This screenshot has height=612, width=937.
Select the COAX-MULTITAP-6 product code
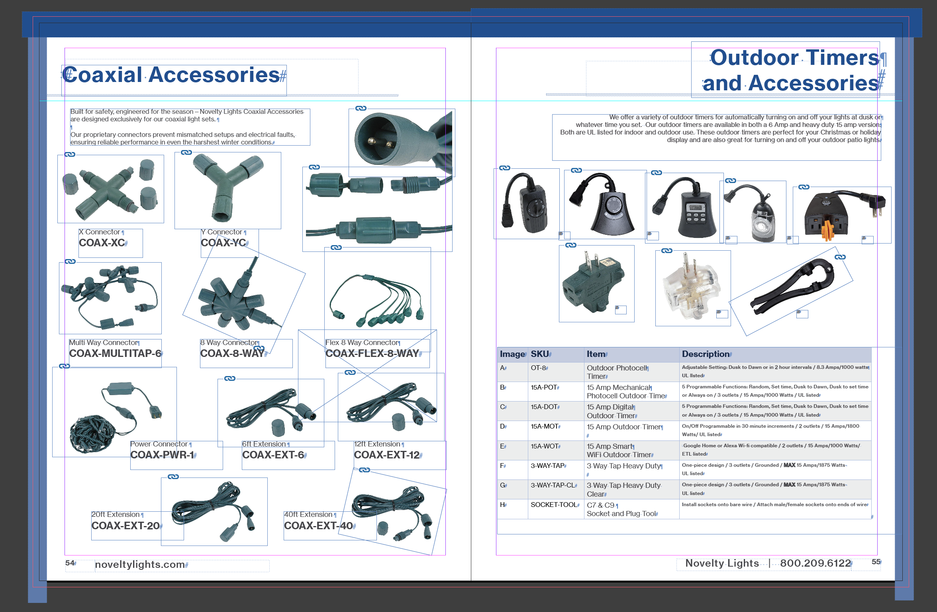[x=115, y=353]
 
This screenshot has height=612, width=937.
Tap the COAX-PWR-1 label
[x=162, y=455]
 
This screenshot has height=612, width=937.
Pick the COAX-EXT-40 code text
[x=318, y=526]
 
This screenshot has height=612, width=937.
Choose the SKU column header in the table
[x=540, y=354]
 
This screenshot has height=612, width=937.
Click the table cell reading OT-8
[x=538, y=368]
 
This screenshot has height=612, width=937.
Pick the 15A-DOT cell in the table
[x=544, y=407]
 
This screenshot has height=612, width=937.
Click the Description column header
[x=706, y=354]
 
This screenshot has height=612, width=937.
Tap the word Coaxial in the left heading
[x=102, y=75]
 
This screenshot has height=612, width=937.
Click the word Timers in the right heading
[x=842, y=58]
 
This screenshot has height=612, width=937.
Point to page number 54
[x=70, y=563]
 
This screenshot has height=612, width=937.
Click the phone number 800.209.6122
[x=815, y=563]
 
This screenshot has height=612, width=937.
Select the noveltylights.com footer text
[x=140, y=565]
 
